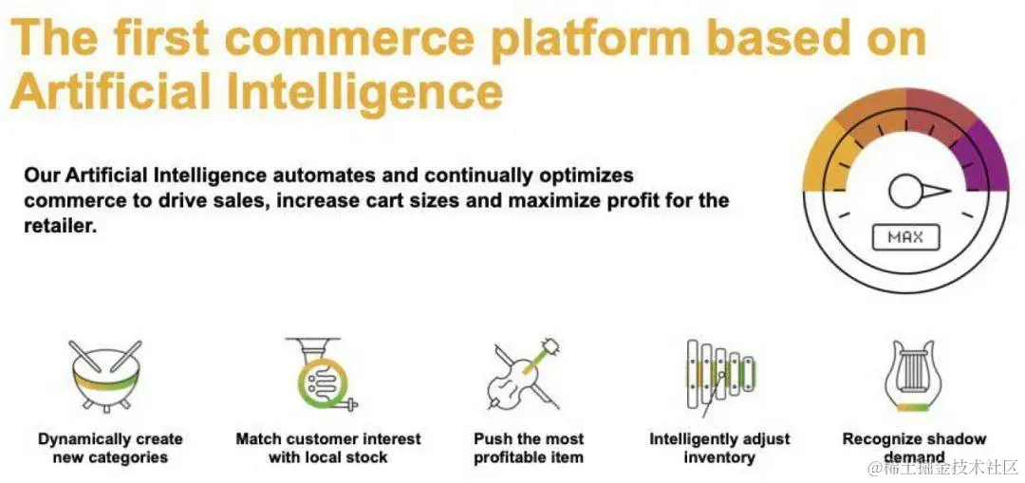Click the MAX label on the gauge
(905, 237)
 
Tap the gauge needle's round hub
(905, 192)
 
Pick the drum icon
(104, 375)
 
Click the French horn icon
(322, 375)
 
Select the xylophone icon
(720, 377)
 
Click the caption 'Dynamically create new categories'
(110, 448)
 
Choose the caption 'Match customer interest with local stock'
(328, 448)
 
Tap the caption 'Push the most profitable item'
(529, 448)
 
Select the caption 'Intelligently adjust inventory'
(719, 448)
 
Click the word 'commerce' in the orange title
(348, 38)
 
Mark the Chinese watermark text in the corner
(942, 467)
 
